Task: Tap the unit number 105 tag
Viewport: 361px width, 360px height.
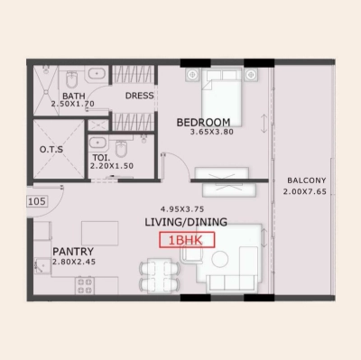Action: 36,201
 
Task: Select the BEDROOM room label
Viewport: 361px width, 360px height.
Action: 203,122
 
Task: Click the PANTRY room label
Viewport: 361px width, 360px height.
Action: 69,251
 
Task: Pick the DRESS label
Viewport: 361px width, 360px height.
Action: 140,96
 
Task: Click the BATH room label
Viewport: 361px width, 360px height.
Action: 73,96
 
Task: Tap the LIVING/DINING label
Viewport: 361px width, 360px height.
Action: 186,222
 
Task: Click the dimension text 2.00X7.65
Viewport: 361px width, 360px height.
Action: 302,191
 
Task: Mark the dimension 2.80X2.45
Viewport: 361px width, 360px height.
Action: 72,262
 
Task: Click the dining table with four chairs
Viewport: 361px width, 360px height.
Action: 157,273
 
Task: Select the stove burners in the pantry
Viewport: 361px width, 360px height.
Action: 86,286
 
